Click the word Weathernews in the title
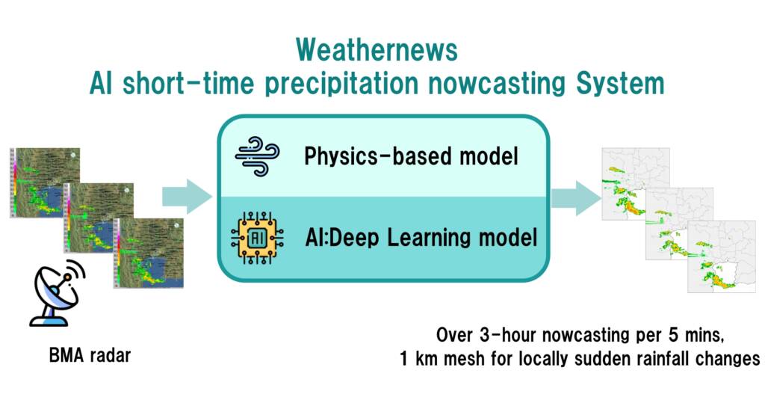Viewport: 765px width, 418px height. pos(377,50)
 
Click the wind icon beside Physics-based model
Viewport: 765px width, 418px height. pos(257,156)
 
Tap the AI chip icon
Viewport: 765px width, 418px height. pos(257,238)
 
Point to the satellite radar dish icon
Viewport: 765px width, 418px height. pos(57,293)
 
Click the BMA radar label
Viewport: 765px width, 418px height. pos(90,355)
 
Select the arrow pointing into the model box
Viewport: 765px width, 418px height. pos(188,197)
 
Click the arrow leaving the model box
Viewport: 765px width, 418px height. pos(576,197)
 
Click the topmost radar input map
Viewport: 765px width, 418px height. pos(45,182)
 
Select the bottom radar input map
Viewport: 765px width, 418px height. pos(149,253)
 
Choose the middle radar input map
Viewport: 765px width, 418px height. pos(99,218)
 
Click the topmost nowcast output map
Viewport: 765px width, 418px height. pos(636,184)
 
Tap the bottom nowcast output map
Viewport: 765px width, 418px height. pos(722,256)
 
